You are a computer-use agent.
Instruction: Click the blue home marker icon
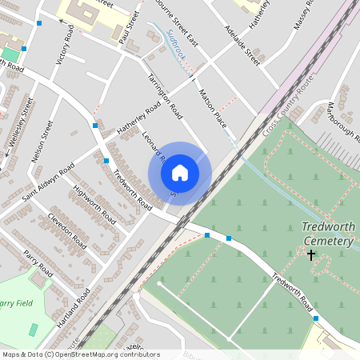click(x=180, y=173)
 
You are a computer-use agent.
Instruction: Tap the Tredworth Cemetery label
click(x=327, y=234)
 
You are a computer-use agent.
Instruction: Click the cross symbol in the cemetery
click(x=311, y=255)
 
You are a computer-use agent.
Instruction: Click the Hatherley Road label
click(x=128, y=119)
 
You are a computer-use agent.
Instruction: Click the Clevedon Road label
click(x=66, y=229)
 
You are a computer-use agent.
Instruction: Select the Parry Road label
click(x=38, y=265)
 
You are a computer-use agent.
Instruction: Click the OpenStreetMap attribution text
click(x=81, y=354)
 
